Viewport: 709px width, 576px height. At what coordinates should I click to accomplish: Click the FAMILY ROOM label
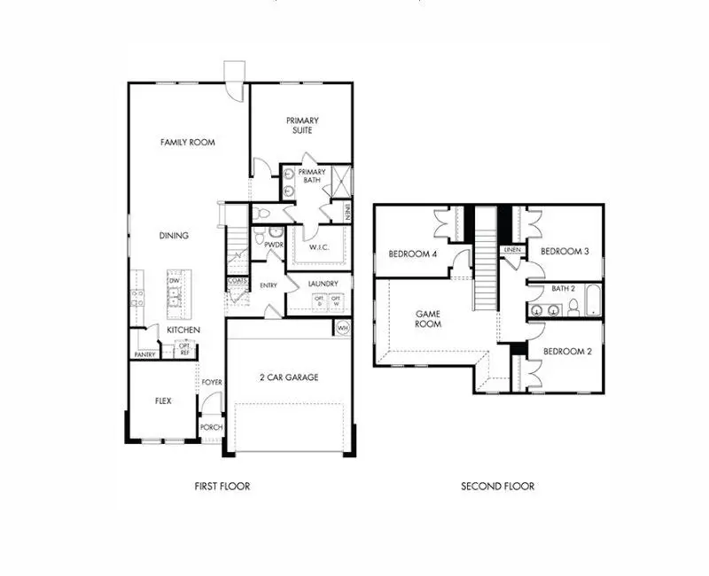pyautogui.click(x=187, y=142)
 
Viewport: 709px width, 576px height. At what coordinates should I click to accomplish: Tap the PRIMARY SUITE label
pyautogui.click(x=302, y=125)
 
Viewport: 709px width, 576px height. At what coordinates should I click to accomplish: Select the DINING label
pyautogui.click(x=174, y=236)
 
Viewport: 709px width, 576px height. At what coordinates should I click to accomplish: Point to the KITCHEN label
pyautogui.click(x=183, y=330)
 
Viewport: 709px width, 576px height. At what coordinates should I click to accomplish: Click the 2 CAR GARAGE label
pyautogui.click(x=289, y=378)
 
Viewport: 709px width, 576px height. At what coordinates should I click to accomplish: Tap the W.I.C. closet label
pyautogui.click(x=320, y=248)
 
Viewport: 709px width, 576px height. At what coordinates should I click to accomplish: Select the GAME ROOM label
pyautogui.click(x=429, y=318)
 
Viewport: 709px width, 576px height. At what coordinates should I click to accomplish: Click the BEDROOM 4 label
pyautogui.click(x=413, y=254)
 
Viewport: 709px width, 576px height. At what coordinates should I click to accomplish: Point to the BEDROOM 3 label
pyautogui.click(x=565, y=251)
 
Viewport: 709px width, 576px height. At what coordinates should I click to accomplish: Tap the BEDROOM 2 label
pyautogui.click(x=567, y=351)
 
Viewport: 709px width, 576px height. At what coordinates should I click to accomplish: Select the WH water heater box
pyautogui.click(x=343, y=328)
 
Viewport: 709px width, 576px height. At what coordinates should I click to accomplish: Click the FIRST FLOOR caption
pyautogui.click(x=222, y=486)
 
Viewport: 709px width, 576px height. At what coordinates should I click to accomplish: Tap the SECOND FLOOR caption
pyautogui.click(x=497, y=486)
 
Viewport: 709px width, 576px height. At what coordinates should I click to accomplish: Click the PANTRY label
pyautogui.click(x=144, y=354)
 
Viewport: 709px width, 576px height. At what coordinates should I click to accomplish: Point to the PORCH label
pyautogui.click(x=211, y=427)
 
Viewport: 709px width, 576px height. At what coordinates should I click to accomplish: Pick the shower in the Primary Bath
pyautogui.click(x=339, y=183)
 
